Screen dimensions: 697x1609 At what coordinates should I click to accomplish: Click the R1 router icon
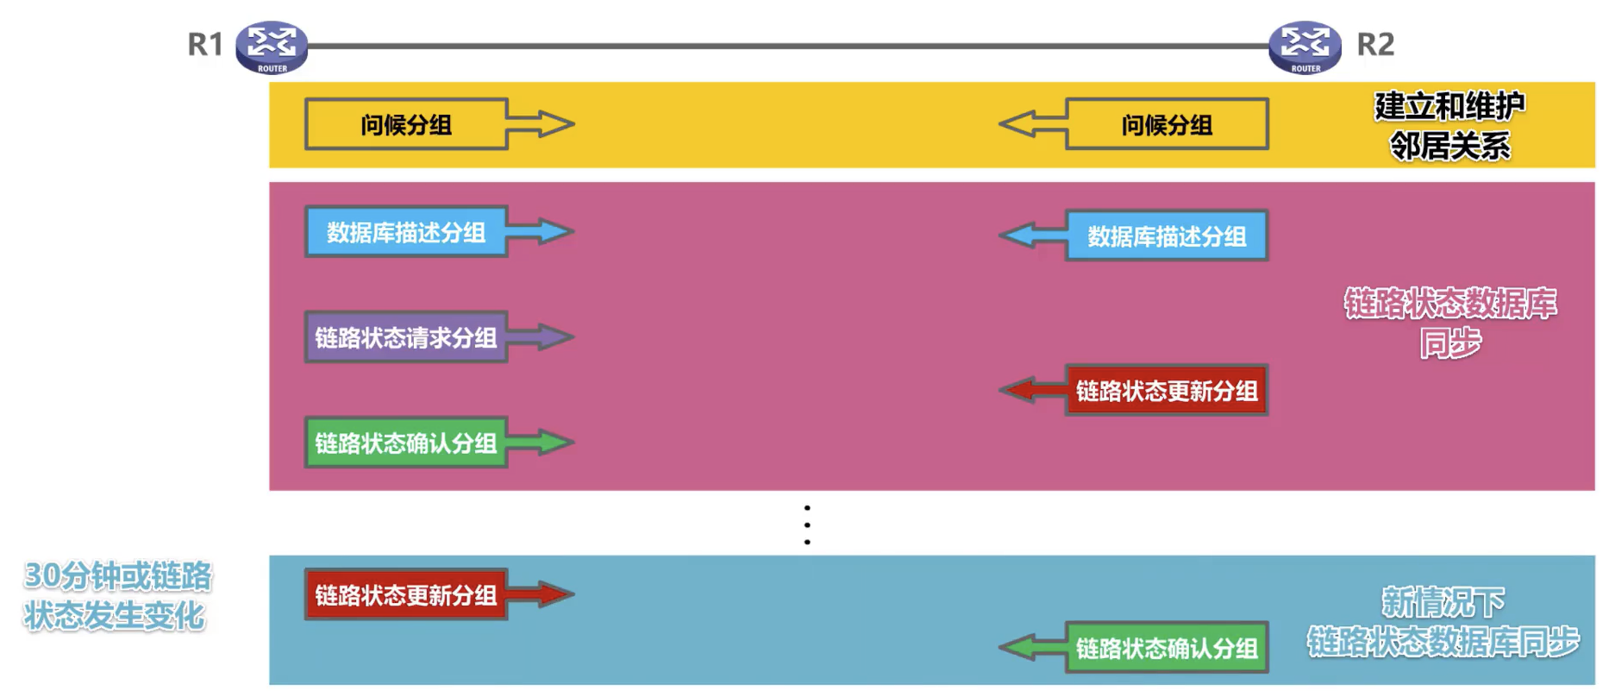pyautogui.click(x=272, y=47)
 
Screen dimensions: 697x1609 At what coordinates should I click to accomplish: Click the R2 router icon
pyautogui.click(x=1305, y=47)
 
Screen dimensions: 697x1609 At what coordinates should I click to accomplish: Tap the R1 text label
pyautogui.click(x=205, y=44)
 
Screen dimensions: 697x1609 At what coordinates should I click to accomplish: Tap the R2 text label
pyautogui.click(x=1375, y=44)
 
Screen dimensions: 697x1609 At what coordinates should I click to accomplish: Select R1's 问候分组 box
pyautogui.click(x=405, y=125)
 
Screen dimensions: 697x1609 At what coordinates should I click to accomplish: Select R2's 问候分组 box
pyautogui.click(x=1167, y=125)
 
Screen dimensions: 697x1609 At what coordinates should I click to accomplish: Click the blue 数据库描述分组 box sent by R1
pyautogui.click(x=405, y=232)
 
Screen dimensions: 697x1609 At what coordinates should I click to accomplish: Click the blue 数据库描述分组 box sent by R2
pyautogui.click(x=1167, y=235)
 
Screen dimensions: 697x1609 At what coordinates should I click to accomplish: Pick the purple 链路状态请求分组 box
pyautogui.click(x=405, y=337)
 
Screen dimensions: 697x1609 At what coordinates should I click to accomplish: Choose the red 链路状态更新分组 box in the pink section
pyautogui.click(x=1167, y=391)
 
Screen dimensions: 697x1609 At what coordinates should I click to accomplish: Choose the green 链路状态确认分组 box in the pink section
pyautogui.click(x=405, y=443)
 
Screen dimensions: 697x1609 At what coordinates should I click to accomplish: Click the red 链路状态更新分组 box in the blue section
pyautogui.click(x=405, y=594)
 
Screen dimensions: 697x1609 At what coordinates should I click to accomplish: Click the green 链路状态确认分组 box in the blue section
pyautogui.click(x=1167, y=648)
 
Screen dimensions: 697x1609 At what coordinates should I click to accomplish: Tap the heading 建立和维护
pyautogui.click(x=1449, y=106)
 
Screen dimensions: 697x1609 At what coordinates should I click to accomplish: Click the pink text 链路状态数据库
pyautogui.click(x=1450, y=303)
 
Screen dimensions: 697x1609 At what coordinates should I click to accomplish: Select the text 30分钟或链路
pyautogui.click(x=118, y=575)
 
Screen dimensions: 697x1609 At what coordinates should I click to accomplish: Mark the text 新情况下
pyautogui.click(x=1443, y=601)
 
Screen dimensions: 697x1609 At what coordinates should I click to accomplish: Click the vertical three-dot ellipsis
pyautogui.click(x=807, y=524)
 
